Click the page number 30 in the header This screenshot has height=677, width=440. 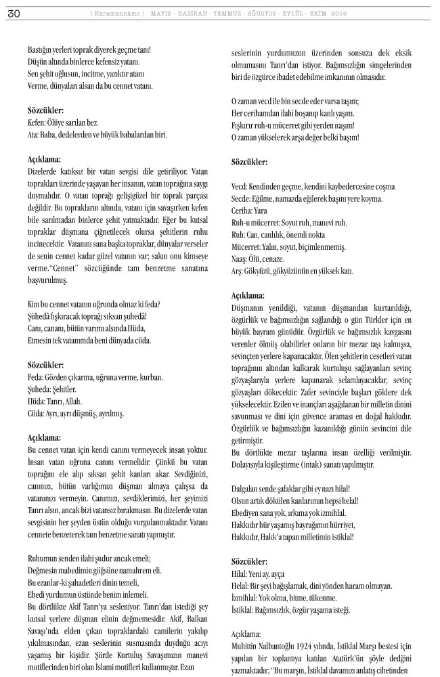(x=13, y=14)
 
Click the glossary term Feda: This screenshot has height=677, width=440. (x=36, y=378)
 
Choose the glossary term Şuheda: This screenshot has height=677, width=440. (x=40, y=389)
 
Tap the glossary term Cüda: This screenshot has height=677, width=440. (x=37, y=412)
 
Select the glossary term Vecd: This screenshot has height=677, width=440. (x=241, y=186)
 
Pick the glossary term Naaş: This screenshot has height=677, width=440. (x=241, y=259)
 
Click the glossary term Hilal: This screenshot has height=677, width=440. (x=241, y=573)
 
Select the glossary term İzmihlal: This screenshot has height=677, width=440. (x=246, y=598)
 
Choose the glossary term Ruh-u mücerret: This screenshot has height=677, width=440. (x=259, y=222)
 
